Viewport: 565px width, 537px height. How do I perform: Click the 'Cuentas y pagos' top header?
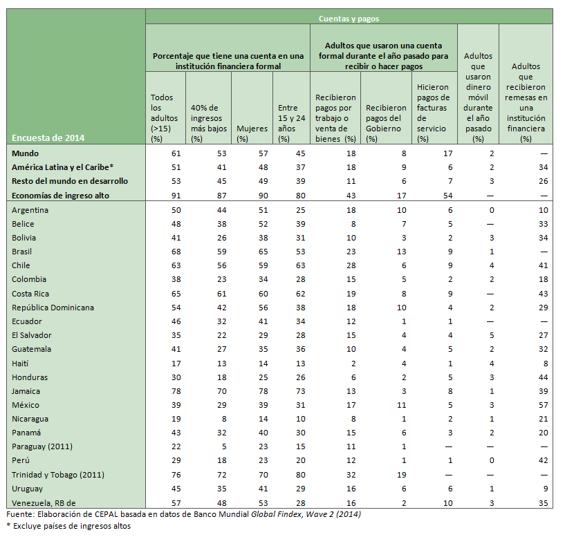pyautogui.click(x=349, y=19)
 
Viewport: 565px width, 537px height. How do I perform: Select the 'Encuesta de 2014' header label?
pyautogui.click(x=48, y=138)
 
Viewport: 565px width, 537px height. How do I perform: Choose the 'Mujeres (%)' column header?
pyautogui.click(x=252, y=133)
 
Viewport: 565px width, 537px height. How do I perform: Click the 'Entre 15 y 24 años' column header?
pyautogui.click(x=290, y=122)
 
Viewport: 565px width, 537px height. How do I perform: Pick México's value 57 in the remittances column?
pyautogui.click(x=543, y=405)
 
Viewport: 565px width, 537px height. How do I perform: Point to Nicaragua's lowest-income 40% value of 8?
pyautogui.click(x=223, y=419)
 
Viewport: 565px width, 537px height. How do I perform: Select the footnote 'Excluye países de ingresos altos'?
pyautogui.click(x=71, y=526)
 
